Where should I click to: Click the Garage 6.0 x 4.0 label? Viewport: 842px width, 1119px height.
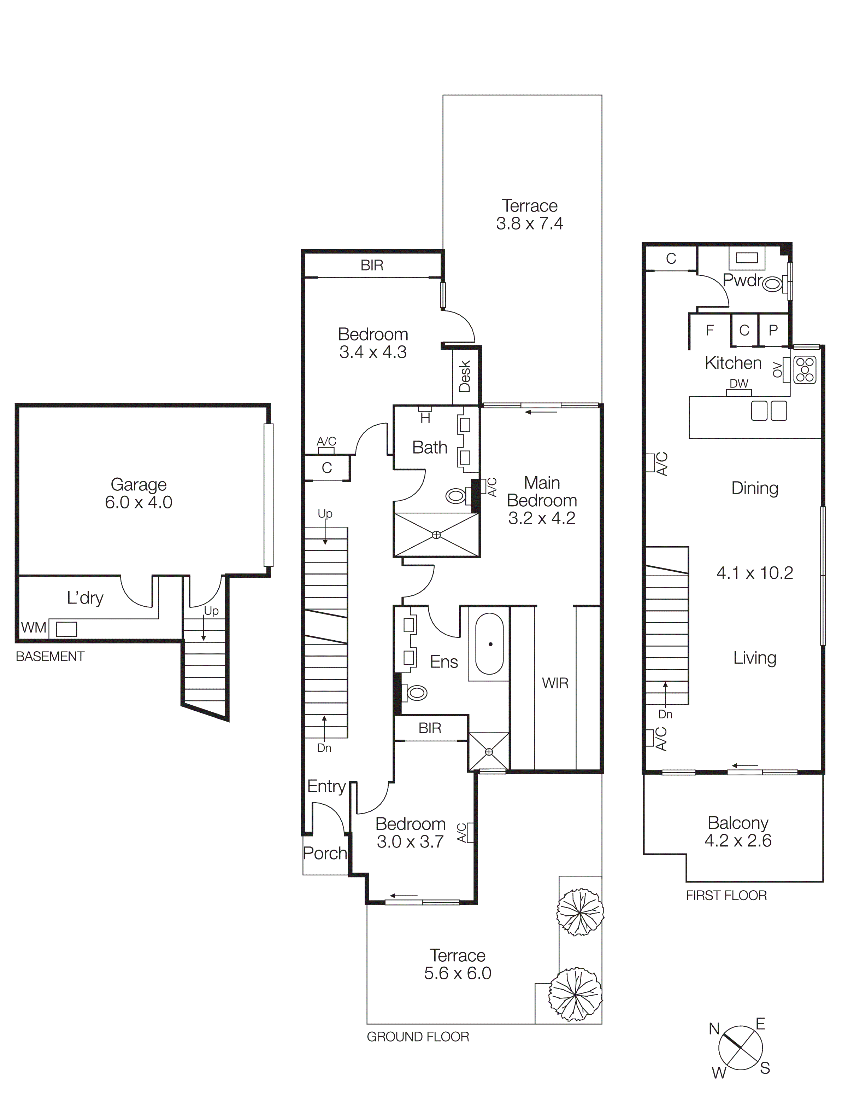[139, 493]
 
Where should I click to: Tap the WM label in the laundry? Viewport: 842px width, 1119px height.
[33, 628]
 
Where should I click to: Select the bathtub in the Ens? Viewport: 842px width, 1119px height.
[489, 643]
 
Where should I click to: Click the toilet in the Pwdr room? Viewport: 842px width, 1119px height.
[771, 285]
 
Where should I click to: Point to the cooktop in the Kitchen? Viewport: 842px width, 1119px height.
[804, 370]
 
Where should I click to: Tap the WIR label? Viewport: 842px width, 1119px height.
[555, 683]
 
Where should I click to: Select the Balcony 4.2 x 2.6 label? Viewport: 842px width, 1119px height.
[738, 832]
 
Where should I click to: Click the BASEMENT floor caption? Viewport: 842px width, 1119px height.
[50, 657]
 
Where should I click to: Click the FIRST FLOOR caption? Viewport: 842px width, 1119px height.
[726, 896]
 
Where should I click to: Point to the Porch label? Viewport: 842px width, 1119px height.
[325, 853]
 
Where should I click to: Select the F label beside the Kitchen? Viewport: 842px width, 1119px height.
[709, 330]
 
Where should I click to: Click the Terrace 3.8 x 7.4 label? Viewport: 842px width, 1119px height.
[529, 215]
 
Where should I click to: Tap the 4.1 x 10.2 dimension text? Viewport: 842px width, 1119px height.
[754, 573]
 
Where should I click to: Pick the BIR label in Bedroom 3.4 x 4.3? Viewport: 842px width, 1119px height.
[372, 265]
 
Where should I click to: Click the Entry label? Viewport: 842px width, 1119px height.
[326, 786]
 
